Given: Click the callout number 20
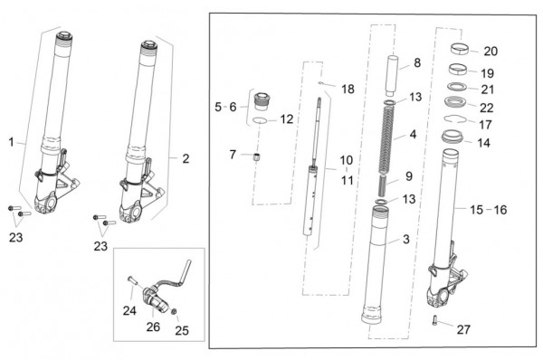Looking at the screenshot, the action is point(491,52).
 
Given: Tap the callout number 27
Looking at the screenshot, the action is point(463,329).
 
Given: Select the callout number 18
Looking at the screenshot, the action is point(348,89).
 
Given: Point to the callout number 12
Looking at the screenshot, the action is point(287,119).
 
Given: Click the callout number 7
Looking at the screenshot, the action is point(233,155).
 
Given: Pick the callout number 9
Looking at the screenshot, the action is point(409,176).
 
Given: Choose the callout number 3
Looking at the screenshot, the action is point(406,239).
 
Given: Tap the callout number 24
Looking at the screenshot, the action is point(129,310).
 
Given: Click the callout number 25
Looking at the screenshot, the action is point(182,330).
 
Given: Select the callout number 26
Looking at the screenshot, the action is point(153,327).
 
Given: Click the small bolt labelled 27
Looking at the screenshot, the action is point(435,320).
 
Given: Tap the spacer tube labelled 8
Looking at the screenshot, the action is point(392,75).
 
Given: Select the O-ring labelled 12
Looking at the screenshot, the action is point(260,120).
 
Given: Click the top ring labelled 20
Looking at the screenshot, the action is point(460,48).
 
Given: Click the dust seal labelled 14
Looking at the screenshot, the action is point(452,136).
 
